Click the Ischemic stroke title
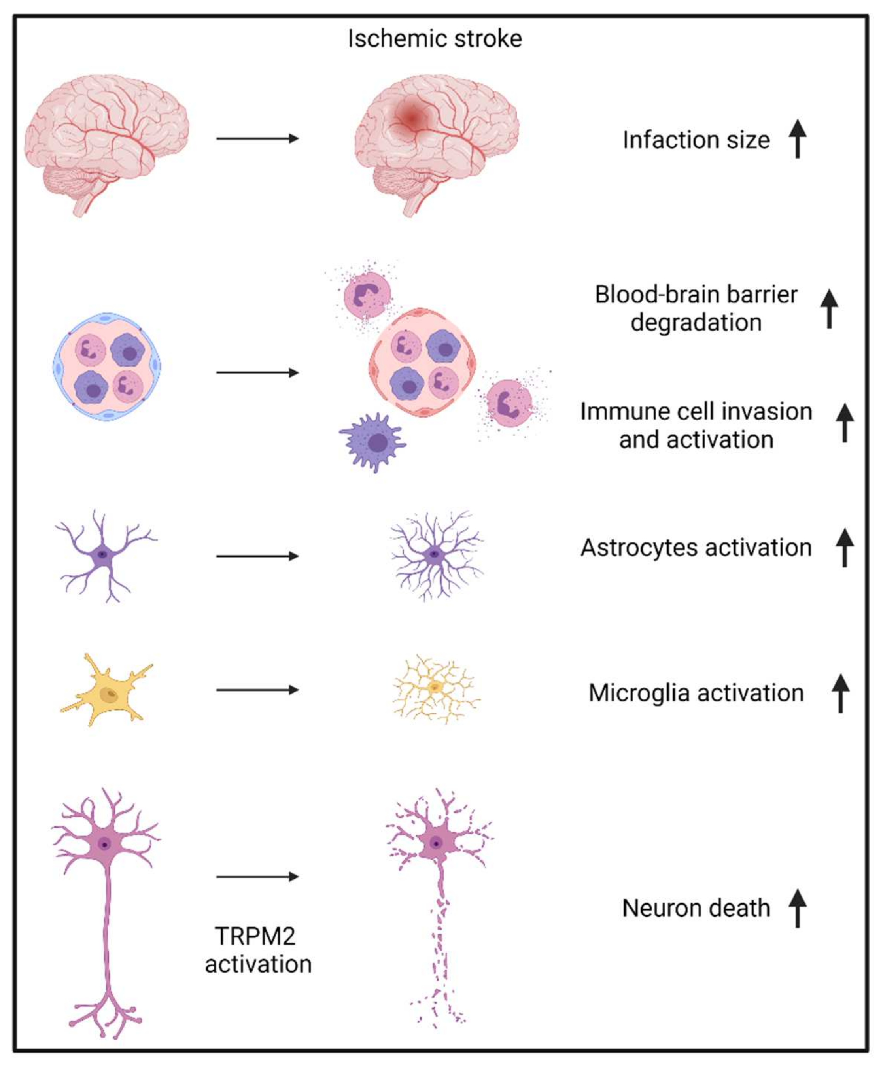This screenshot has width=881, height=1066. (x=435, y=39)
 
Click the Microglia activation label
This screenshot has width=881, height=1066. (x=696, y=693)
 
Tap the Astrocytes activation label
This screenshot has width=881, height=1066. (x=696, y=548)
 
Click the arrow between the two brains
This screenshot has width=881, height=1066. (x=257, y=138)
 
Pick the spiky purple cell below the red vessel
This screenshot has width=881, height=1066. (x=373, y=442)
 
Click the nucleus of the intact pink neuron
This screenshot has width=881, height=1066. (x=104, y=844)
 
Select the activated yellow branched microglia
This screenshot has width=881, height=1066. (x=435, y=688)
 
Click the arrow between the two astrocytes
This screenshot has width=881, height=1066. (x=257, y=556)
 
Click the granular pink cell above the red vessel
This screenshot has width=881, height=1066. (x=367, y=295)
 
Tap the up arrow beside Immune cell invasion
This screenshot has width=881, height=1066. (x=845, y=423)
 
